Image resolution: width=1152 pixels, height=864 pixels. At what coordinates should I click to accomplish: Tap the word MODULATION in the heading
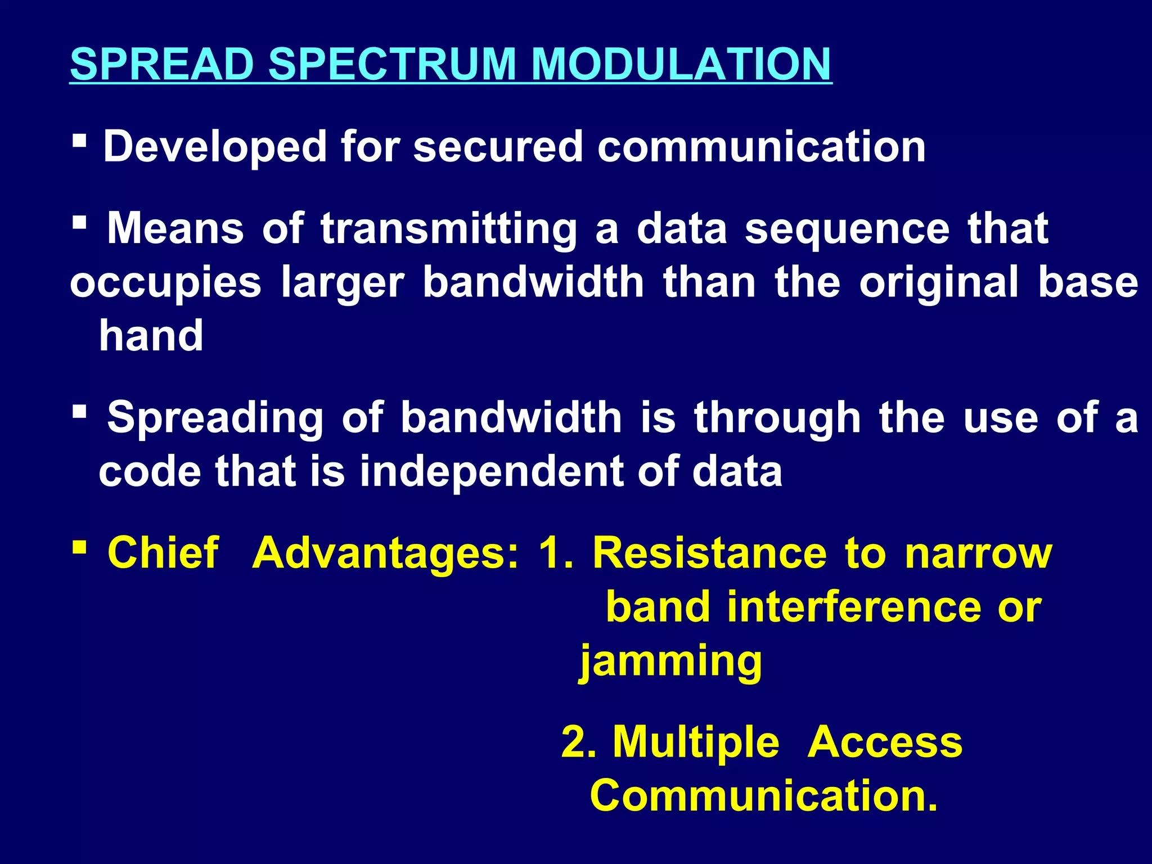point(681,64)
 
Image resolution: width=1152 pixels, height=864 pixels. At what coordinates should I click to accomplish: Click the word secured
point(498,147)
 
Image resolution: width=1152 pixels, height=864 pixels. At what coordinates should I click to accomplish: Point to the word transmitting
point(449,229)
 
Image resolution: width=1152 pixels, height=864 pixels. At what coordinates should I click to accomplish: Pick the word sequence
point(847,229)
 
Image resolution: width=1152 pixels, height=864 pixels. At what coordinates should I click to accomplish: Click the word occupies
point(165,283)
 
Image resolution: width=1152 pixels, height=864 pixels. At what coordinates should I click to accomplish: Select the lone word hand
point(151,335)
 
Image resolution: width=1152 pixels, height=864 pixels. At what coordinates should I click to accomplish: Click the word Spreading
point(215,418)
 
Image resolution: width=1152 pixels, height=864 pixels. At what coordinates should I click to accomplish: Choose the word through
point(777,418)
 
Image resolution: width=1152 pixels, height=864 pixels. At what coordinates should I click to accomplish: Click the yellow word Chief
point(163,552)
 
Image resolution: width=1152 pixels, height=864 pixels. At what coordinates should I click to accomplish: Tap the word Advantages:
point(386,553)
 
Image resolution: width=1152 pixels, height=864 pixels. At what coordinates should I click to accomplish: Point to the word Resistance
point(710,553)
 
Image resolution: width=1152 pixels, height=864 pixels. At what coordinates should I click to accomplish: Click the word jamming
point(670,661)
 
